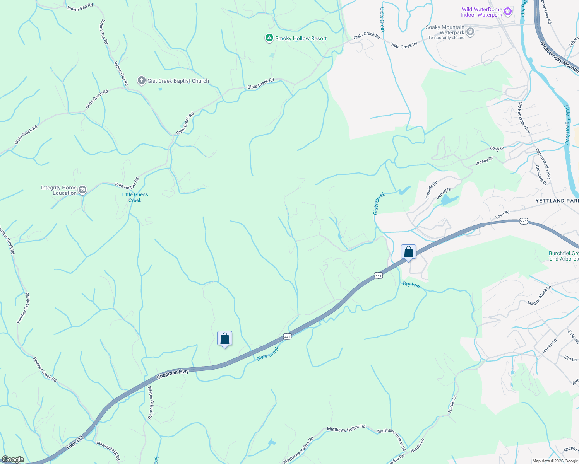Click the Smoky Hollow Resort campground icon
[x=269, y=38]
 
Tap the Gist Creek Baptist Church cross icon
[x=142, y=81]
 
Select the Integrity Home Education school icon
[x=82, y=190]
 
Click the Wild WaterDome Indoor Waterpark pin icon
[x=508, y=12]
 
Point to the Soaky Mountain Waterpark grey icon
[x=470, y=31]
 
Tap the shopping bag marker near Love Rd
[x=408, y=252]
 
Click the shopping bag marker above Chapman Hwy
[x=224, y=339]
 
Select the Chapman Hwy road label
[x=173, y=374]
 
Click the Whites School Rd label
[x=151, y=403]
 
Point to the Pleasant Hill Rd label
[x=108, y=450]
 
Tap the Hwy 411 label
[x=75, y=441]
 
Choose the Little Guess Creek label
[x=135, y=197]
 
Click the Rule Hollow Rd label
[x=127, y=184]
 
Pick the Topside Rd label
[x=432, y=190]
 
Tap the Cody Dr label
[x=497, y=148]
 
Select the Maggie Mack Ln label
[x=539, y=296]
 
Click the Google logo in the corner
[x=13, y=459]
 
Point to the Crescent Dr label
[x=541, y=175]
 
